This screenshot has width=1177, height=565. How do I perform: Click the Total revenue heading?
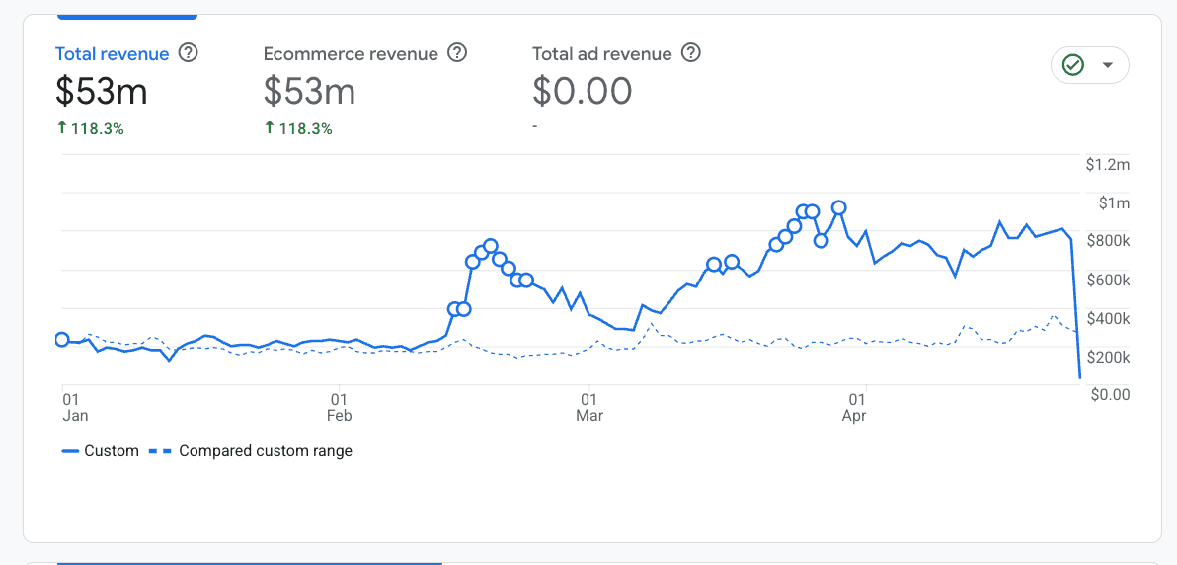[x=112, y=54]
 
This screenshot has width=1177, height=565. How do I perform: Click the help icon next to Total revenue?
[x=188, y=53]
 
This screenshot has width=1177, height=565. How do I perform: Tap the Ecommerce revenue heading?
[x=350, y=54]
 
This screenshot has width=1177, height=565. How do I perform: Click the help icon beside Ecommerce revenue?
[x=457, y=53]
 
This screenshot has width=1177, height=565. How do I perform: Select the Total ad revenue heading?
[x=601, y=54]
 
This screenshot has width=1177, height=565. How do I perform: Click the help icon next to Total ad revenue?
[x=691, y=53]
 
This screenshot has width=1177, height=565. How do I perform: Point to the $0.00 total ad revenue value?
[x=582, y=91]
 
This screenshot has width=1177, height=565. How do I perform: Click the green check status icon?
[x=1072, y=65]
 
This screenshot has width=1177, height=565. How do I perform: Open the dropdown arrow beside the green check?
[x=1107, y=65]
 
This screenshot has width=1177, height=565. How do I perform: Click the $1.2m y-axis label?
[x=1107, y=165]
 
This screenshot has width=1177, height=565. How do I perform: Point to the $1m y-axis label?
[x=1115, y=203]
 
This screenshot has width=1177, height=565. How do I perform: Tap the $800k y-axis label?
[x=1109, y=241]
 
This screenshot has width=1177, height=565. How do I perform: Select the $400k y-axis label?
[x=1109, y=318]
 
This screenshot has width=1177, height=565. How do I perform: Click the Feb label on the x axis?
[x=340, y=416]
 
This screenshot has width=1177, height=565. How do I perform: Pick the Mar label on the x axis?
[x=589, y=416]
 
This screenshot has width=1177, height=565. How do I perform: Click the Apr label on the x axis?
[x=854, y=416]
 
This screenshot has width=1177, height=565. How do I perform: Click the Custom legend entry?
[x=100, y=451]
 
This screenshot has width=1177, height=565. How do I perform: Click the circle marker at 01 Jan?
[x=62, y=340]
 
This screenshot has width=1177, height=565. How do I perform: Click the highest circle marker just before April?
[x=839, y=207]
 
